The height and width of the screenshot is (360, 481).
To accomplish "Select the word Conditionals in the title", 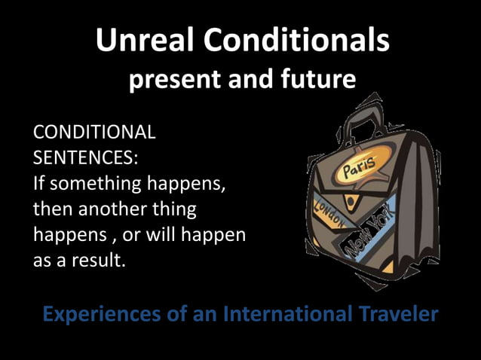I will pos(304,41).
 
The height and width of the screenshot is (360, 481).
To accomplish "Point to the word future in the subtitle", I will pos(316,80).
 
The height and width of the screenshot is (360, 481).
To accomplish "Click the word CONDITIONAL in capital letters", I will pos(95,133).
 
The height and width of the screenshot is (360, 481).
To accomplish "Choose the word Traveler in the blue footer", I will pos(396,313).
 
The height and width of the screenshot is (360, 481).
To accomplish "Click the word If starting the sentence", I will pos(39,184).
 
